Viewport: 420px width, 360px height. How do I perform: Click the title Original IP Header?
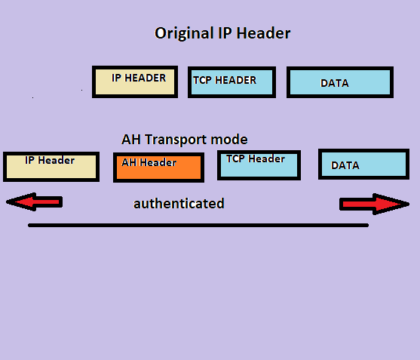[x=222, y=33]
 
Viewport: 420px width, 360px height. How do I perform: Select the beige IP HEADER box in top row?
[x=135, y=82]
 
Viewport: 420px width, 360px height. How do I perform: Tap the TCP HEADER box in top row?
[x=231, y=82]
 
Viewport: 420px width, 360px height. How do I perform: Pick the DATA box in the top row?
[x=339, y=82]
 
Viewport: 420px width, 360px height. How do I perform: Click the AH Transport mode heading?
[x=184, y=140]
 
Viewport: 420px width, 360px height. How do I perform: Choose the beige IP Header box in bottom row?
[x=51, y=166]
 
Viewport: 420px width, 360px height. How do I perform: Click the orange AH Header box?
[x=158, y=168]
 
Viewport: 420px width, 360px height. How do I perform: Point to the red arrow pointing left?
[x=33, y=202]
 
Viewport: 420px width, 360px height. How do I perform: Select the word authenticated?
[x=179, y=204]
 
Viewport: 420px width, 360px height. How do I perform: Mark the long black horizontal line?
[x=198, y=225]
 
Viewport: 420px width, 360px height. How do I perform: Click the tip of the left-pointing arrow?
[x=8, y=202]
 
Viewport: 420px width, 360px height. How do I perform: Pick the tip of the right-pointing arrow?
[x=408, y=204]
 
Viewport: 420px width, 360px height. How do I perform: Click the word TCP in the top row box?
[x=202, y=80]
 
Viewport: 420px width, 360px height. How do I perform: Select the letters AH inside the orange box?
[x=129, y=162]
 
